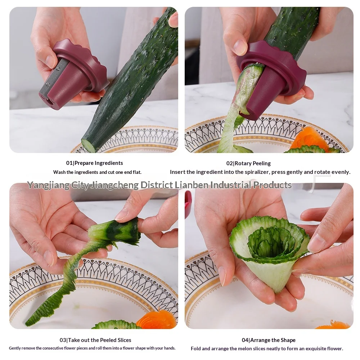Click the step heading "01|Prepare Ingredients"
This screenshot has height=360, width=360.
(x=94, y=163)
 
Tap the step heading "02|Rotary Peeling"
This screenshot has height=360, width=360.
(x=248, y=163)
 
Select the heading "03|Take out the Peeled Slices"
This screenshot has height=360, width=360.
(x=95, y=340)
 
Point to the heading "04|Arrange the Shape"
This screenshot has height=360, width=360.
(x=269, y=340)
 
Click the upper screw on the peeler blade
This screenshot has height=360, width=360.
(x=58, y=68)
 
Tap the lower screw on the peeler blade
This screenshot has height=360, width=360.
(x=48, y=85)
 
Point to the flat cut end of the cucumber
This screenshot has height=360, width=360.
(x=88, y=145)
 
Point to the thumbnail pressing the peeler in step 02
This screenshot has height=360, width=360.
(x=240, y=47)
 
